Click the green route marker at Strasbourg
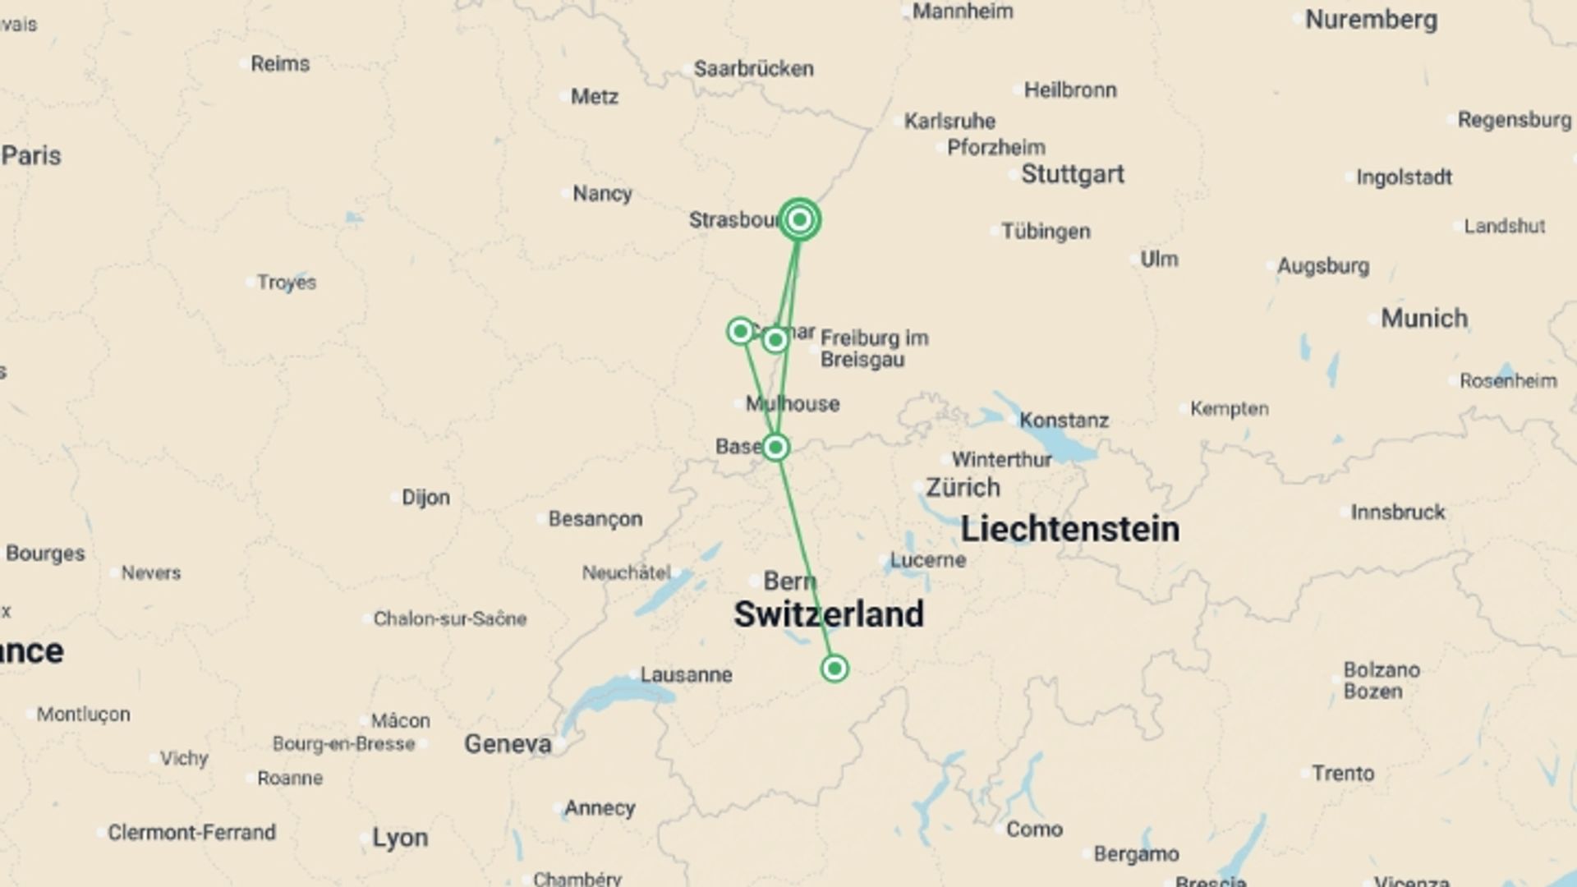799,219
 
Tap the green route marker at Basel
775,448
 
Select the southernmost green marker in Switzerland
834,669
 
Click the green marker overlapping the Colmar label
775,339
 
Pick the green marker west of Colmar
740,331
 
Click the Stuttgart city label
1072,174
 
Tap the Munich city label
1423,319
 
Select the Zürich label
963,488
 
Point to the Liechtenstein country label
1069,530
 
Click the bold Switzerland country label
828,614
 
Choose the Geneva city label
508,744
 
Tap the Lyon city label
400,838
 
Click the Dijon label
425,498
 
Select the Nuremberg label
1371,20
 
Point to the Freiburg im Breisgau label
873,349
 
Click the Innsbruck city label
1397,512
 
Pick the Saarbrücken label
753,69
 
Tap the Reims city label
280,64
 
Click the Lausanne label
686,675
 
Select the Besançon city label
595,519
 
